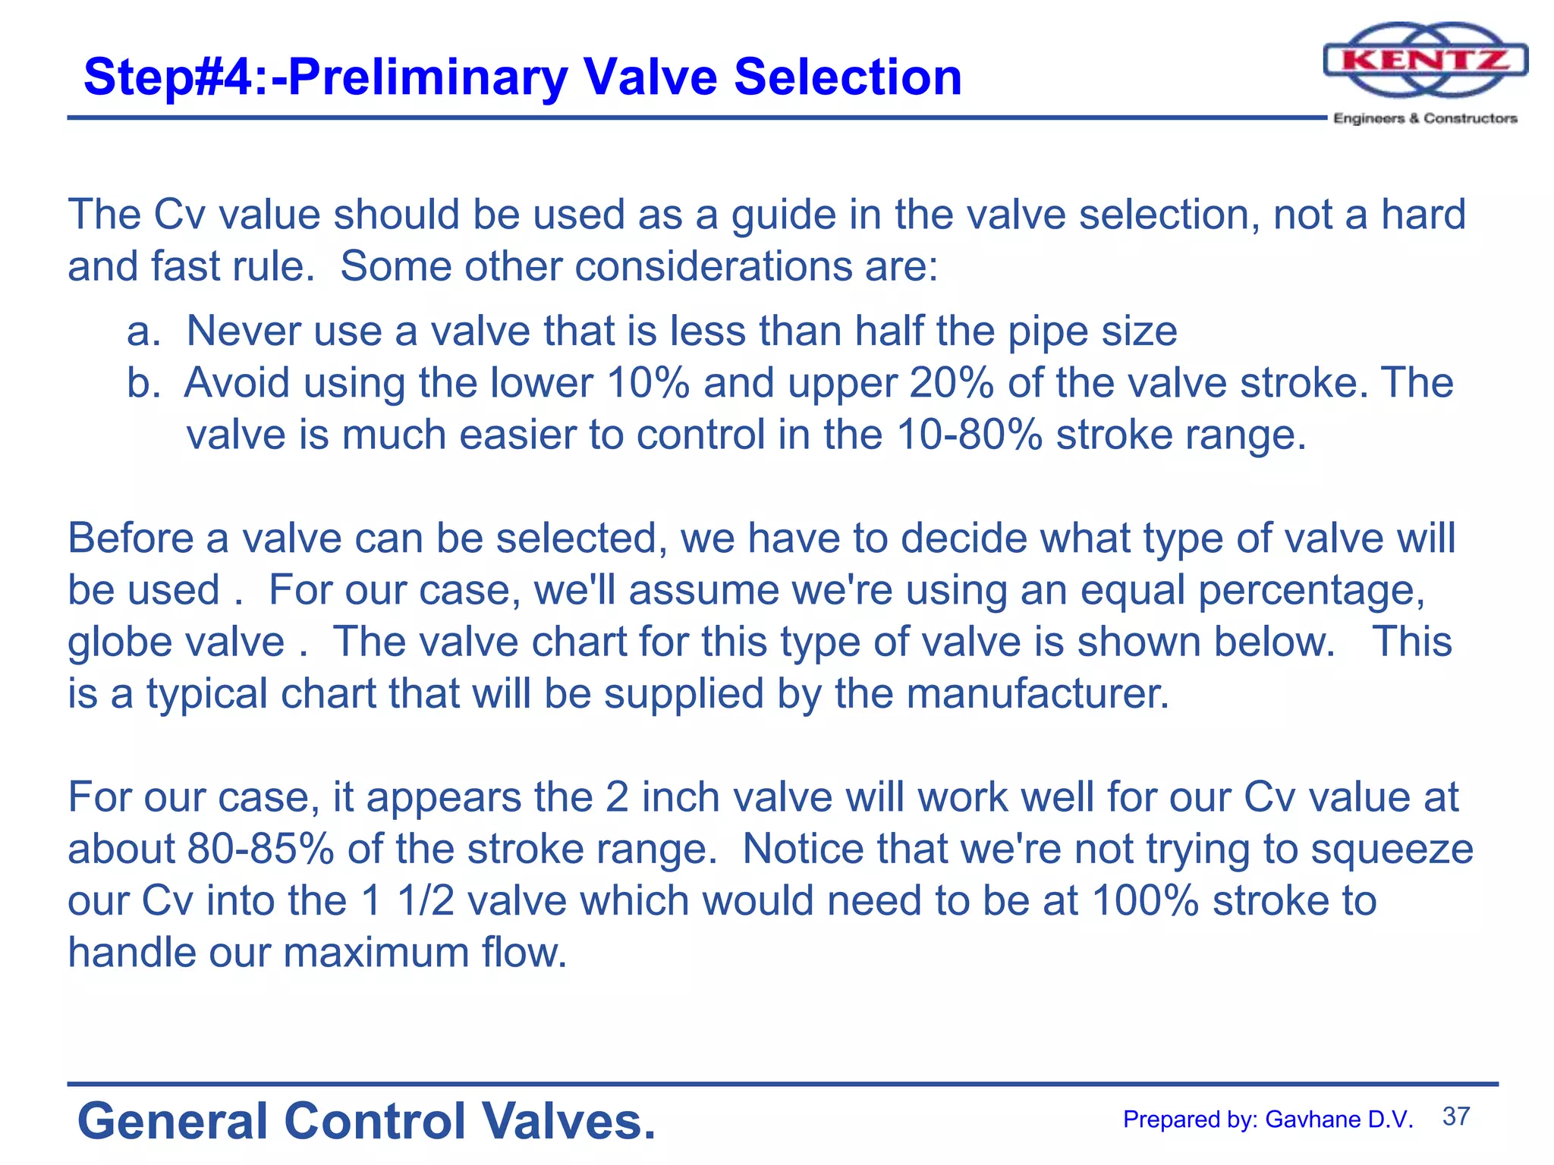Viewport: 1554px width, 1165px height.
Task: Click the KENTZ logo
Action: point(1425,61)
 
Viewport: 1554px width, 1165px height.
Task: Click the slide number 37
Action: point(1456,1116)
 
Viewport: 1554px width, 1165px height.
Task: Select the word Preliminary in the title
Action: point(427,77)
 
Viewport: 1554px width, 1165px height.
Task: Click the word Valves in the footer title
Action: point(568,1121)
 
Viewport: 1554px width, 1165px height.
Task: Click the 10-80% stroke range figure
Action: point(969,435)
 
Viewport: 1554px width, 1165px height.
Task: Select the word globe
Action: point(114,642)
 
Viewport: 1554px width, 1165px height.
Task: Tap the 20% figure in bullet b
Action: point(951,383)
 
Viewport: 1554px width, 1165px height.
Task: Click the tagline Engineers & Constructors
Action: point(1425,118)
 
